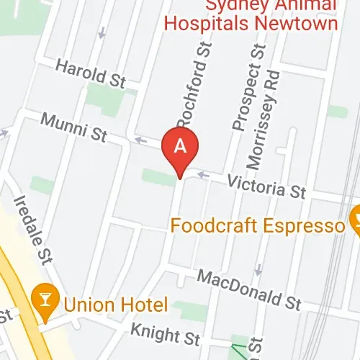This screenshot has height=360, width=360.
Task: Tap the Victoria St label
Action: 266,186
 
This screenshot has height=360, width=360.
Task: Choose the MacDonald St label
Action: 248,287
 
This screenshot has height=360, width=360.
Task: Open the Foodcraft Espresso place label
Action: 258,226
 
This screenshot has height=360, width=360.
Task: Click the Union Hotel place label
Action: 115,303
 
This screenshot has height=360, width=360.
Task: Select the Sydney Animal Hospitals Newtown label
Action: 251,14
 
